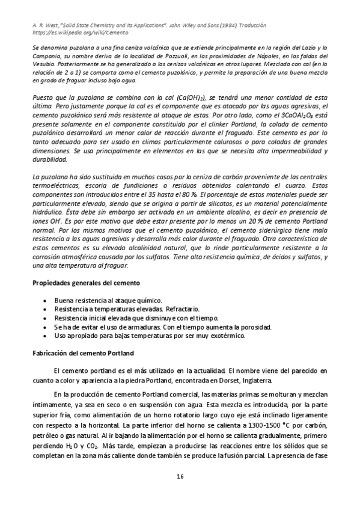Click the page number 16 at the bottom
click(x=180, y=477)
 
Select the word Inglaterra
click(x=258, y=381)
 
